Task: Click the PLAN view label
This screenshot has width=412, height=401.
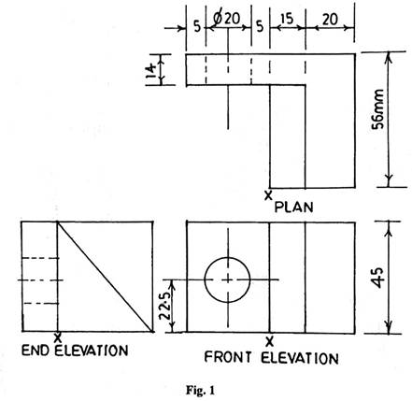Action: (x=293, y=208)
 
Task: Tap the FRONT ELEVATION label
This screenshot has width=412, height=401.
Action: (x=271, y=358)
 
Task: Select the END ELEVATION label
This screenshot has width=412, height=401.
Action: (x=75, y=351)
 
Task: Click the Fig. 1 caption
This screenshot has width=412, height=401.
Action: (x=200, y=390)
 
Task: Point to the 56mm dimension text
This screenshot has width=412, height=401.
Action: (x=379, y=109)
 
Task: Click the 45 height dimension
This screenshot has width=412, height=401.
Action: (x=380, y=278)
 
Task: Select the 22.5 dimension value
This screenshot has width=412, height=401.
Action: (x=165, y=306)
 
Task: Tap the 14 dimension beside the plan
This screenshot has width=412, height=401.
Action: (x=151, y=71)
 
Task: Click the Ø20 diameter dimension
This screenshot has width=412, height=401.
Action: (x=227, y=19)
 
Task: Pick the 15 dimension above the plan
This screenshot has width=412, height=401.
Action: (x=287, y=20)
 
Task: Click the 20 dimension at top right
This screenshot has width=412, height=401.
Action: (x=330, y=20)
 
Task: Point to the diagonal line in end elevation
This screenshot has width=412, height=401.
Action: (x=106, y=277)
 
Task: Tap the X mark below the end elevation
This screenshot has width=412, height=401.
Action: (x=57, y=337)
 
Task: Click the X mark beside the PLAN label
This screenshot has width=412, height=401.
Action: (x=268, y=195)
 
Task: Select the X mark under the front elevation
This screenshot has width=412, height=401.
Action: (x=270, y=342)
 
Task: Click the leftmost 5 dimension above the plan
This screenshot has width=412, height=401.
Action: (x=197, y=27)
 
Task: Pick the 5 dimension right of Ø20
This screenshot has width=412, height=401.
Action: (x=260, y=27)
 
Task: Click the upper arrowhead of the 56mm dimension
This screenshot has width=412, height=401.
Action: (x=389, y=59)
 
